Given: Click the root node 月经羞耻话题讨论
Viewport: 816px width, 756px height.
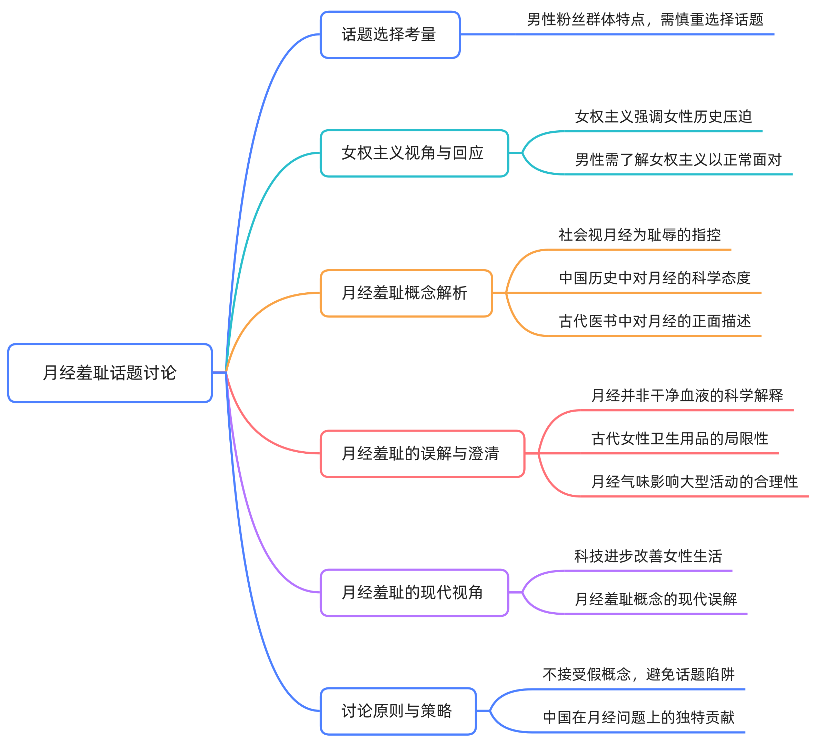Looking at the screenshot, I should tap(110, 373).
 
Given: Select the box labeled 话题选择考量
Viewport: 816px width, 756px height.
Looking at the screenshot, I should tap(390, 34).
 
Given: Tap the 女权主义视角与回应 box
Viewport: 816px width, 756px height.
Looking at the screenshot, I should tap(414, 153).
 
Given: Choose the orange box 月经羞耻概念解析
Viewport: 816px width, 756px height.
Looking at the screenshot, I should tap(406, 293).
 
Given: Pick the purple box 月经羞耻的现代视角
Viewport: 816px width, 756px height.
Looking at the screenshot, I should tap(414, 592).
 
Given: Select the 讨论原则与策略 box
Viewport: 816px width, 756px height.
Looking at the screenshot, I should tap(398, 711).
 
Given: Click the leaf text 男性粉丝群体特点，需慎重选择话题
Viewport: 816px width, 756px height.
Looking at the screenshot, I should tap(645, 20).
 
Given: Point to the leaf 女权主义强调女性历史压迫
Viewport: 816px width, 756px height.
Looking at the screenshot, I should tap(663, 117).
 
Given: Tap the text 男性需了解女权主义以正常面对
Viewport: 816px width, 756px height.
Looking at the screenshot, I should tap(678, 160).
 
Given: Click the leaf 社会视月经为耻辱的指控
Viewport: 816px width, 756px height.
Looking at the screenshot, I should tap(639, 235).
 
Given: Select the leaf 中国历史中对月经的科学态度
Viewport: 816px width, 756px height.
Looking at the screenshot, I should tap(654, 278).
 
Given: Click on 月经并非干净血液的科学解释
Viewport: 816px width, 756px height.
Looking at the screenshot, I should tap(687, 395).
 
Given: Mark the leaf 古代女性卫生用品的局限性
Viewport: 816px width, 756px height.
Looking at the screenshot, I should tap(679, 439).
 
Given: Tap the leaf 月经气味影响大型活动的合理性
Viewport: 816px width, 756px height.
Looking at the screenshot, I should tap(694, 482).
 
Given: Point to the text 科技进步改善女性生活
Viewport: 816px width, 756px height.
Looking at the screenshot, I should tap(648, 556).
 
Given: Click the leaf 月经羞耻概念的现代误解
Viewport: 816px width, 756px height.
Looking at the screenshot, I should tap(655, 599).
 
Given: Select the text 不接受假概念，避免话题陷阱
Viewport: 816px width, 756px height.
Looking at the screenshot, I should tap(638, 674).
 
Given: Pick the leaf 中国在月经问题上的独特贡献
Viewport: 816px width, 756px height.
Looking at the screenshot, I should tap(638, 717).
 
